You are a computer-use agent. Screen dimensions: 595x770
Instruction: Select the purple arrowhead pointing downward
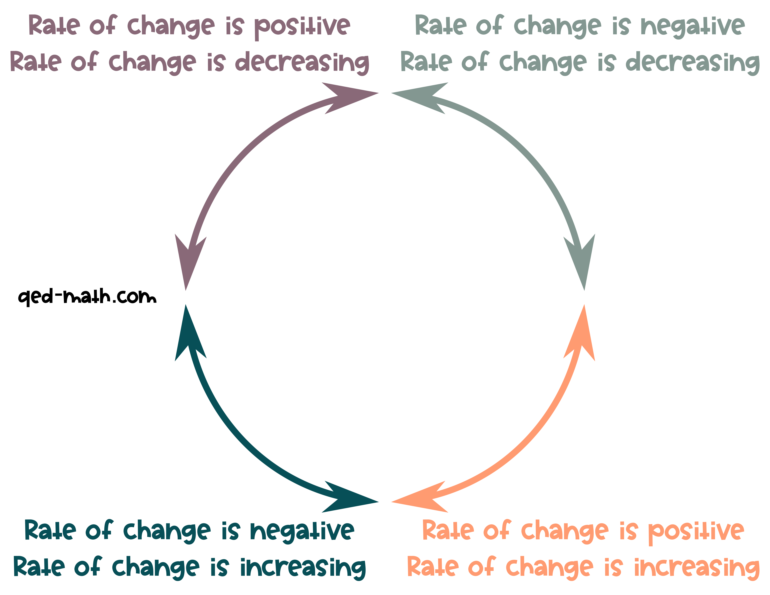click(x=189, y=261)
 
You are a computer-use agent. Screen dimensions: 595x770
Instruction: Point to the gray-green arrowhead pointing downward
click(x=582, y=261)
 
